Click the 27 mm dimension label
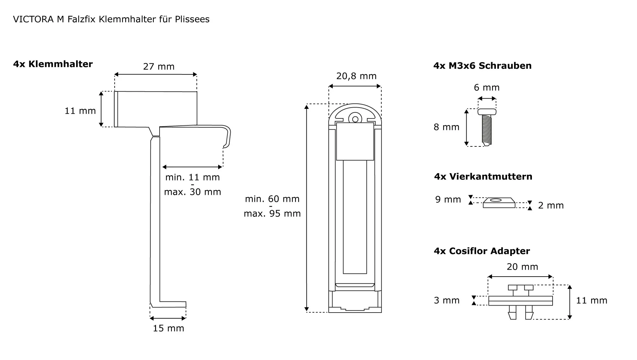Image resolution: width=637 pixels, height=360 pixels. point(159,67)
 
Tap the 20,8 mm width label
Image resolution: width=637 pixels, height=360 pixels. point(356,76)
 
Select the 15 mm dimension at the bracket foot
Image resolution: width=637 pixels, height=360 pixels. point(168,328)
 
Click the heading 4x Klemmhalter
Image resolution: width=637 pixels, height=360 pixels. point(53,64)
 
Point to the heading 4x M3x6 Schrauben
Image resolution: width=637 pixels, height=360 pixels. point(482,66)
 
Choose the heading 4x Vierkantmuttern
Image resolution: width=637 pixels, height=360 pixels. point(483,176)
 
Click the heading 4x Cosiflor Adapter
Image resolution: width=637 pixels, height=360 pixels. point(482,251)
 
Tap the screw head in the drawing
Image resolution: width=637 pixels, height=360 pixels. point(487,112)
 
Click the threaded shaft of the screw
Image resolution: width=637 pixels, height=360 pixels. point(487,129)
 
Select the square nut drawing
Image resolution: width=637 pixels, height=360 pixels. point(499,203)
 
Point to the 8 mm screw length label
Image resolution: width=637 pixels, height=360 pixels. point(446,127)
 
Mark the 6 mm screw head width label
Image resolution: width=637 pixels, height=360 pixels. point(486,88)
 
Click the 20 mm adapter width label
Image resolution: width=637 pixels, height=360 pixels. point(522,267)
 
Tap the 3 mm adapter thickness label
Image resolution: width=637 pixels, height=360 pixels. point(447,300)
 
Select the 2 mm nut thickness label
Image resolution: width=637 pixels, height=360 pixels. point(551,205)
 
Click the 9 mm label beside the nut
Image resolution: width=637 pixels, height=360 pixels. point(448,199)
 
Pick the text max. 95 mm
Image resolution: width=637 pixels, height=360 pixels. point(272,213)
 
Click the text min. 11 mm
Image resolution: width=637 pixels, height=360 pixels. point(192,177)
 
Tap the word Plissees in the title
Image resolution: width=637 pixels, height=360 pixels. point(192,19)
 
